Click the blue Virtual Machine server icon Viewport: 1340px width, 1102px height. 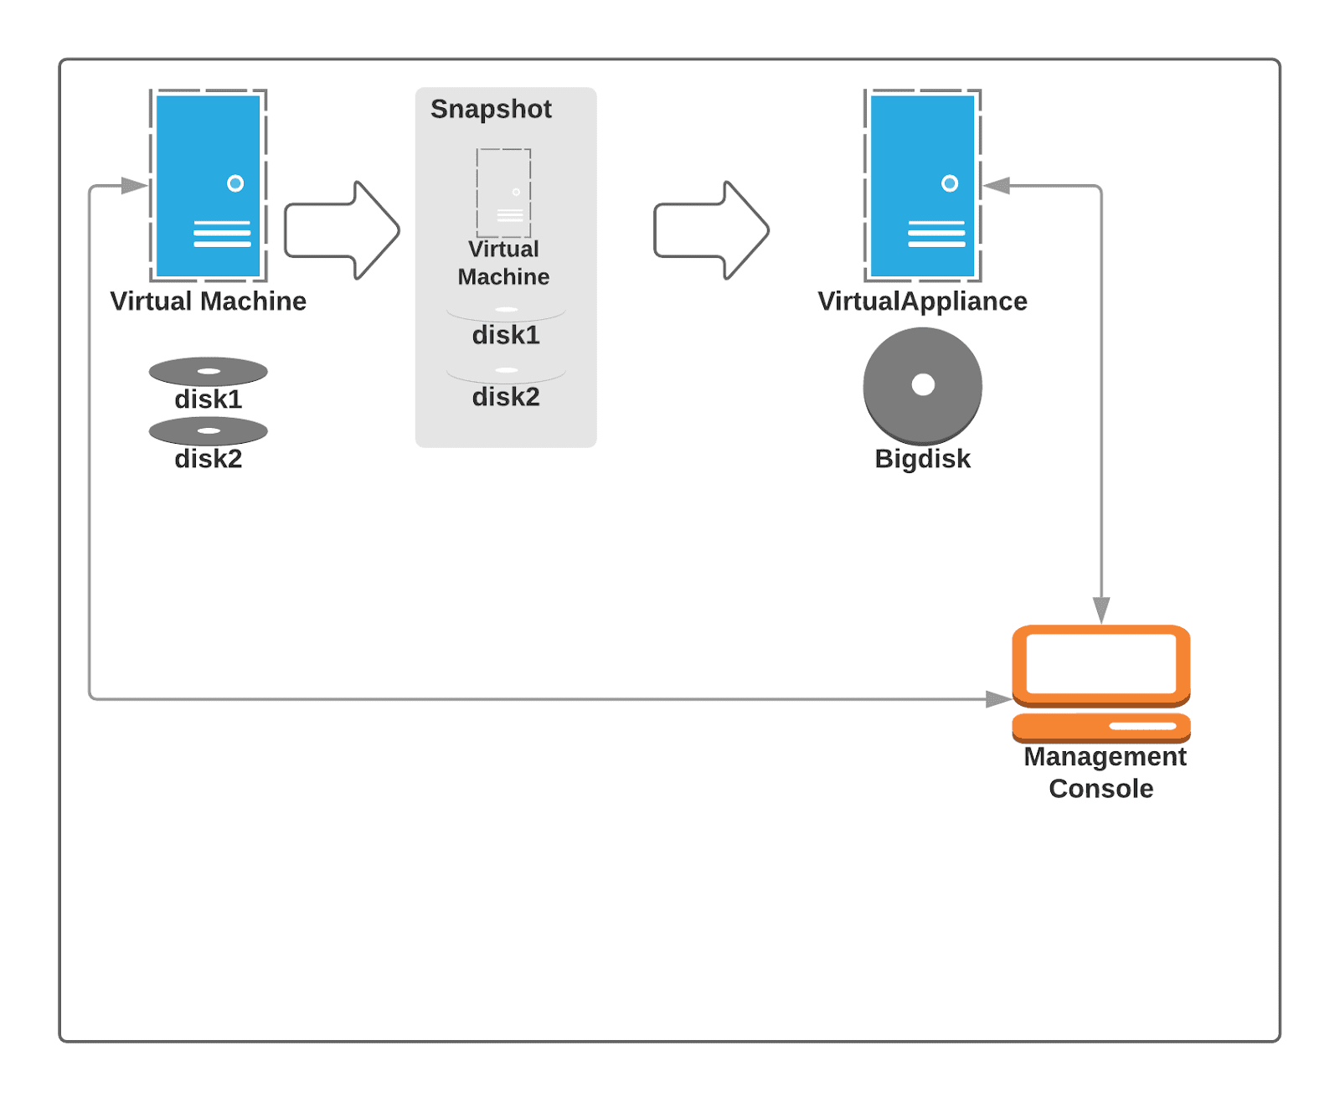208,185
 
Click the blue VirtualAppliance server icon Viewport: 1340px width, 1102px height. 922,185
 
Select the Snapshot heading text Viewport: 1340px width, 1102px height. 491,110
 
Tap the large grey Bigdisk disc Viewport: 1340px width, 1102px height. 922,385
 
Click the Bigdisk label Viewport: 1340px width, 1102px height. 922,459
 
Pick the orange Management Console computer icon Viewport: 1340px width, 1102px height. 1100,682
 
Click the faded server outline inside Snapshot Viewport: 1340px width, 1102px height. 503,193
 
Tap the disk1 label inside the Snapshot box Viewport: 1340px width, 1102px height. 506,335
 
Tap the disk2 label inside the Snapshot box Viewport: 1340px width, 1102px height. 506,397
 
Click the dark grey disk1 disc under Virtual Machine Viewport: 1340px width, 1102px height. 208,372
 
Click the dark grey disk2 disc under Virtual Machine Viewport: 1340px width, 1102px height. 208,431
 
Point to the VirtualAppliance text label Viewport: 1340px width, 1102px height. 922,301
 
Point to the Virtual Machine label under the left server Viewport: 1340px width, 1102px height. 208,301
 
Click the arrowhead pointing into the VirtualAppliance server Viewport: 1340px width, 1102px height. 997,186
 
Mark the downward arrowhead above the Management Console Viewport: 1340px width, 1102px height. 1101,610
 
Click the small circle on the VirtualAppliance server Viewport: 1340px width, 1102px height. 949,183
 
